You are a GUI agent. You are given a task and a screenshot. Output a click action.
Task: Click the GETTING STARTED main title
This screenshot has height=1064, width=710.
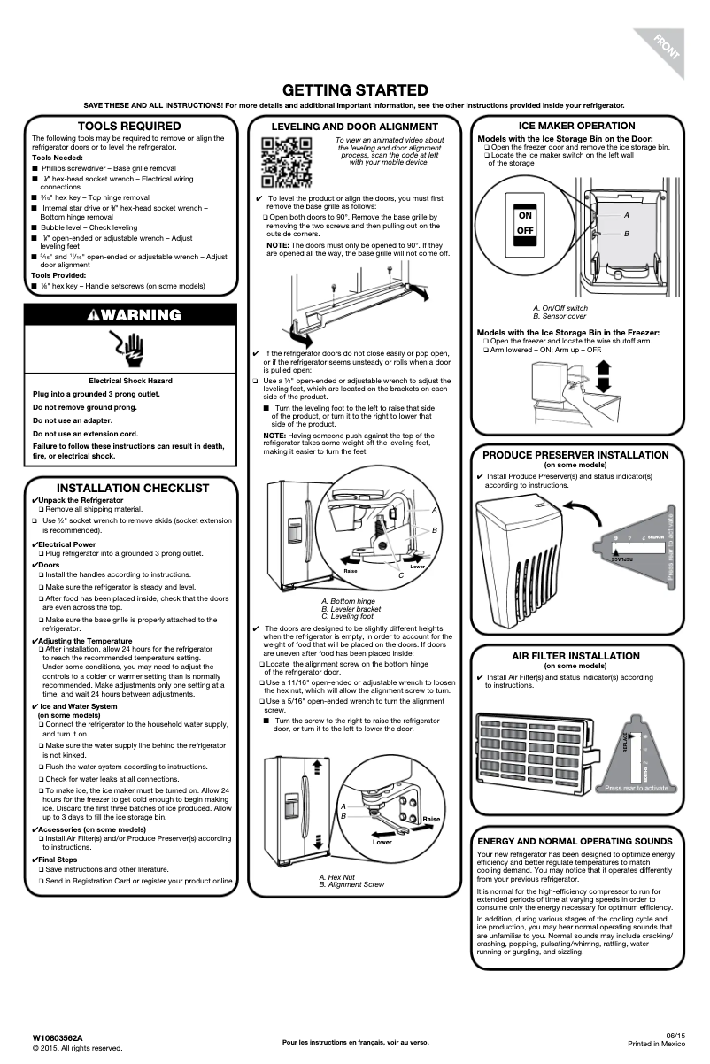354,90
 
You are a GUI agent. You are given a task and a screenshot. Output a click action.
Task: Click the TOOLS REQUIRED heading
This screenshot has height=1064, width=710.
129,127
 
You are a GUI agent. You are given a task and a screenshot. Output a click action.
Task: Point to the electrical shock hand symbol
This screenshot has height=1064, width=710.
130,351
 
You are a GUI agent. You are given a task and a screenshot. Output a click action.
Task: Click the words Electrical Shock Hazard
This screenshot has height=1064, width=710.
130,381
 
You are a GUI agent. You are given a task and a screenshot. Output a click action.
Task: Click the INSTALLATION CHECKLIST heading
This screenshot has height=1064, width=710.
133,488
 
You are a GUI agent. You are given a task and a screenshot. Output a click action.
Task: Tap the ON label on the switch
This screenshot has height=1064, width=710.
525,216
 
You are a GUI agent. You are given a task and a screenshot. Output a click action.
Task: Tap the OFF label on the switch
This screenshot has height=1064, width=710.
525,231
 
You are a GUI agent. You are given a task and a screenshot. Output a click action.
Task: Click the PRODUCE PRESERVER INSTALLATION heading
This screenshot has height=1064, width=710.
575,455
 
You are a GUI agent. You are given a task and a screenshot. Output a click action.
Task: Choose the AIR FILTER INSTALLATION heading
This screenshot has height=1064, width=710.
575,656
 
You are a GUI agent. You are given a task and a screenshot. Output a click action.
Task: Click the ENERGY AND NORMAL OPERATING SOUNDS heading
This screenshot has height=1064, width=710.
575,841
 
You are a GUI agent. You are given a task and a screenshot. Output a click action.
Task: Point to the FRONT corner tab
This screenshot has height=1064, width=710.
667,45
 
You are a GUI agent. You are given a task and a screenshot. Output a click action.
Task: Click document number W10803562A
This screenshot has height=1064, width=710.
58,1037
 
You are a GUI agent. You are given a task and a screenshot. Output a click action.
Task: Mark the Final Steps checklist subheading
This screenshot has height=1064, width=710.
57,860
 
